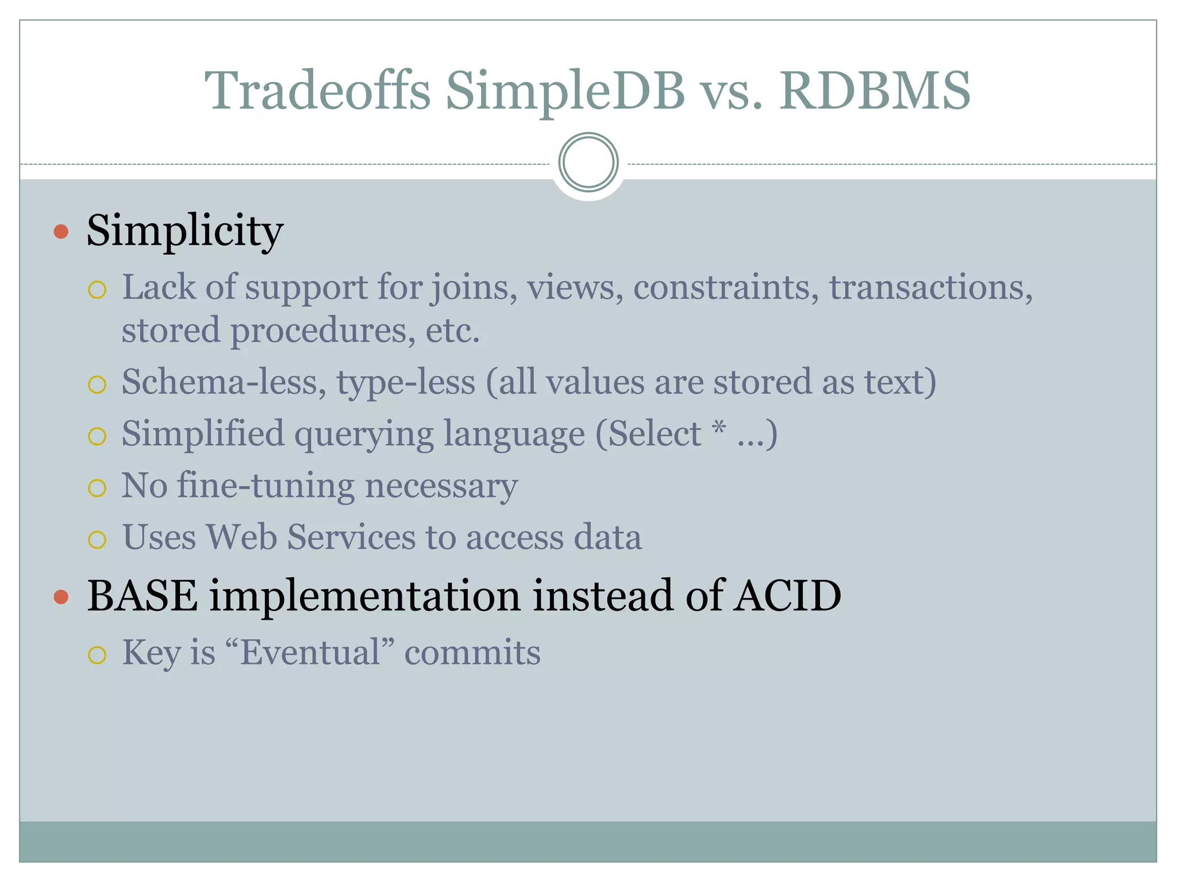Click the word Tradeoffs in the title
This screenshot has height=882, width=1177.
pos(317,91)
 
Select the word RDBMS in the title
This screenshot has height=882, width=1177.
pos(874,91)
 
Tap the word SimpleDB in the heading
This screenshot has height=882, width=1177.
pos(565,91)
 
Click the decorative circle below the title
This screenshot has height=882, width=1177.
pos(588,163)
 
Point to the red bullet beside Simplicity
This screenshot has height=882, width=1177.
pos(61,232)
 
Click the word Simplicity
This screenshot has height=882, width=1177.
pos(184,231)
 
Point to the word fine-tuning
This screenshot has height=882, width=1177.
pos(266,486)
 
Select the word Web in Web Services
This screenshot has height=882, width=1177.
pos(241,537)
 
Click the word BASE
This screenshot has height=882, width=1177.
pos(143,595)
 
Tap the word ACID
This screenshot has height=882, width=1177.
pos(787,595)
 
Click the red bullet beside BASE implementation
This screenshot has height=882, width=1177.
pos(61,597)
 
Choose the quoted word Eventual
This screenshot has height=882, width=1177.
pos(310,653)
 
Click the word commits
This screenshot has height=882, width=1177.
pos(472,653)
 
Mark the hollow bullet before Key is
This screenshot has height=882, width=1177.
pos(97,655)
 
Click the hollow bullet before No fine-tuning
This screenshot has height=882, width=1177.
pos(97,488)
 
